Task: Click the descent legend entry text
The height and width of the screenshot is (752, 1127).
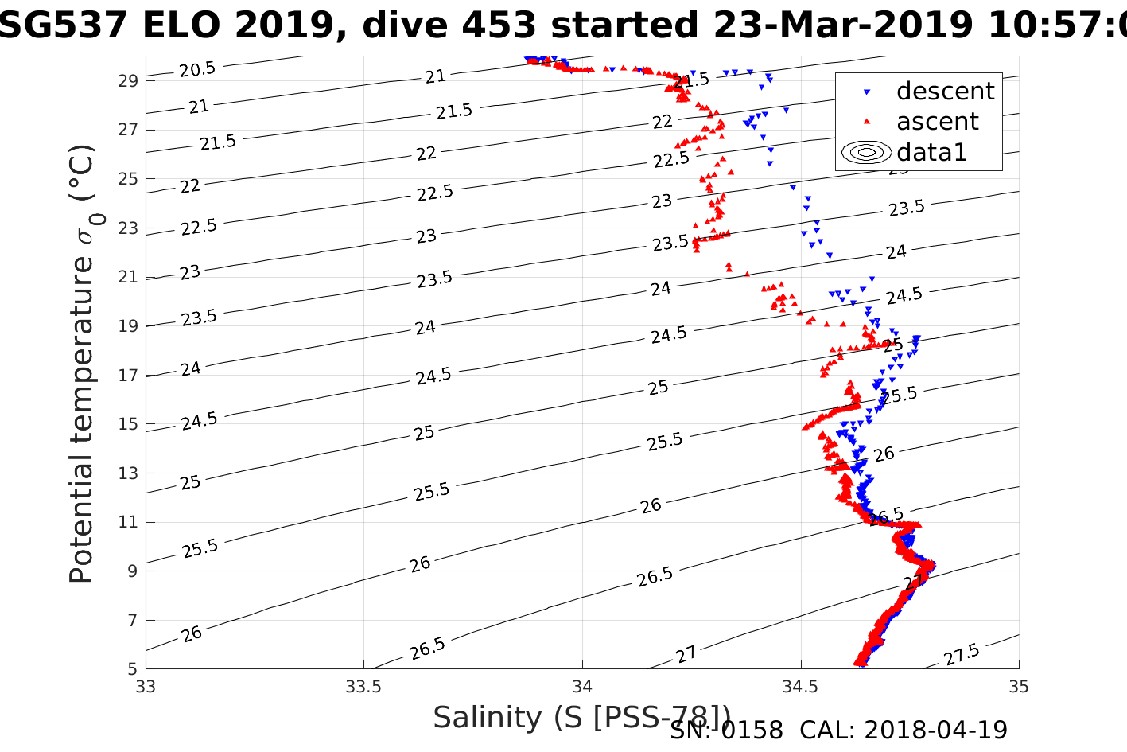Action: pyautogui.click(x=945, y=92)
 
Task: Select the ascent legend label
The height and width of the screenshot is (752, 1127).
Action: pyautogui.click(x=938, y=122)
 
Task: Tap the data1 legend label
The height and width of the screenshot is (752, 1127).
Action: pyautogui.click(x=931, y=152)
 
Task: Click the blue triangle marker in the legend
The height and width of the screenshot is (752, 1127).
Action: pyautogui.click(x=867, y=92)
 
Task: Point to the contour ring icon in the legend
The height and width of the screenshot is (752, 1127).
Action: pyautogui.click(x=867, y=152)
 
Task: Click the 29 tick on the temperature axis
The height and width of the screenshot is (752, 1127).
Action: pyautogui.click(x=130, y=80)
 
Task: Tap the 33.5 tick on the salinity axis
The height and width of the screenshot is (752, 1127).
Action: pyautogui.click(x=363, y=686)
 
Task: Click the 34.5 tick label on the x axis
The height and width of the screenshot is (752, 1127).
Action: pyautogui.click(x=800, y=686)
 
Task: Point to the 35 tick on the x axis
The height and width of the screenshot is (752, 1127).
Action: pyautogui.click(x=1018, y=686)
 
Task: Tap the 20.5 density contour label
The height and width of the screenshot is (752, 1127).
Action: pyautogui.click(x=197, y=69)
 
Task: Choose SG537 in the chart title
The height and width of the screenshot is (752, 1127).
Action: pyautogui.click(x=64, y=26)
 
